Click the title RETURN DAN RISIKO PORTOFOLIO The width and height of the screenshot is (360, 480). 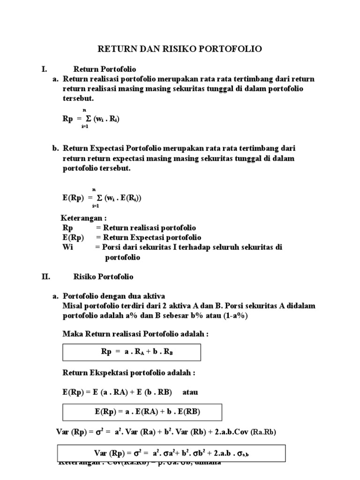(x=179, y=48)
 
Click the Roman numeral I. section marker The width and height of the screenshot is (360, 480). (x=44, y=69)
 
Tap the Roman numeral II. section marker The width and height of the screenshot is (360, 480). (x=45, y=277)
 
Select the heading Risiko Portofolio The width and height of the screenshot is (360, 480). (x=103, y=277)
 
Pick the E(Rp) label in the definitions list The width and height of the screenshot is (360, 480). (x=73, y=237)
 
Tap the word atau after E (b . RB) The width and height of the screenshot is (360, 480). (x=191, y=391)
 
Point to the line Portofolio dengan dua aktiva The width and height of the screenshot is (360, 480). (x=113, y=296)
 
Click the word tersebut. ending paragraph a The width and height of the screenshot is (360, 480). (x=78, y=99)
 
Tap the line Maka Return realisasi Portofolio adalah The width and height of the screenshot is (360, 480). (x=135, y=333)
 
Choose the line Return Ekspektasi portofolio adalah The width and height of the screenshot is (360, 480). (x=128, y=373)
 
